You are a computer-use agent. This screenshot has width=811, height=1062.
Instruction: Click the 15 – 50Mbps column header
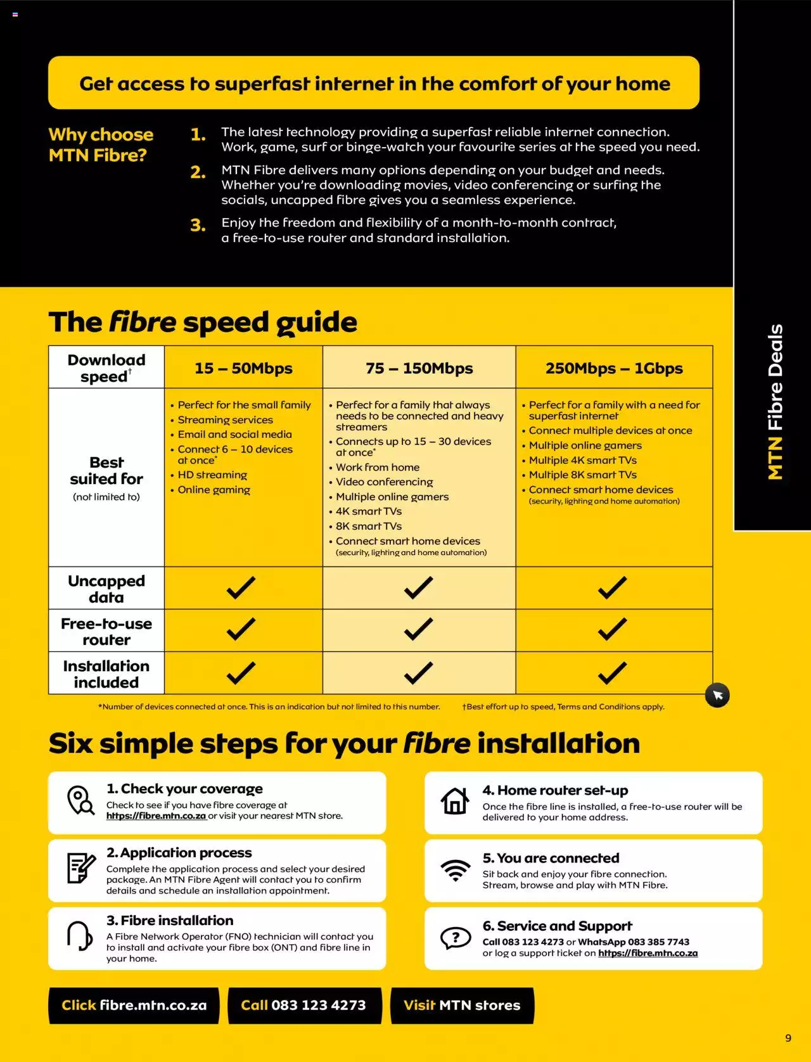coord(243,368)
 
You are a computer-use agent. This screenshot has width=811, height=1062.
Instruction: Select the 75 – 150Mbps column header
coord(419,368)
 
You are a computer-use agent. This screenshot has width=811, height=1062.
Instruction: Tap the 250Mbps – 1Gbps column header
coord(614,368)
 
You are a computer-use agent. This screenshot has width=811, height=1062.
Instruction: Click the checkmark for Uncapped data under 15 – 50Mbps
coord(241,587)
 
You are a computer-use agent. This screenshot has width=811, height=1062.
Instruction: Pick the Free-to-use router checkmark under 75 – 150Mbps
coord(418,629)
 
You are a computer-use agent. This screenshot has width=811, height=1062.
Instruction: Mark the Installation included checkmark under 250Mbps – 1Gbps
coord(612,672)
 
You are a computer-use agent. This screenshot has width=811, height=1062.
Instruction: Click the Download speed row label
coord(106,368)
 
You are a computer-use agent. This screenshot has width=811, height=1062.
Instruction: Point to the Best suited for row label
coord(106,471)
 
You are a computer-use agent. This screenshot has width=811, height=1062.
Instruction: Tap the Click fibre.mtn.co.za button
coord(134,1006)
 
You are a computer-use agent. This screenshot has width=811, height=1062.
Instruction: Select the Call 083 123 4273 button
coord(305,1006)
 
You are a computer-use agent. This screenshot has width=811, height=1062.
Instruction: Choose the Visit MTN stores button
coord(463,1006)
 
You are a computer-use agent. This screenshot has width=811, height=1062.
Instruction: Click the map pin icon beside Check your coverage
coord(80,801)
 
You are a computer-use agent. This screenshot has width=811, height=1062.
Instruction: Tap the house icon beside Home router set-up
coord(454,801)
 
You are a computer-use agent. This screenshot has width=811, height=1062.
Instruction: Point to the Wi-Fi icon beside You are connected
coord(456,871)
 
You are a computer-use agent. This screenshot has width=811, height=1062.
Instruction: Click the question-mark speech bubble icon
coord(456,938)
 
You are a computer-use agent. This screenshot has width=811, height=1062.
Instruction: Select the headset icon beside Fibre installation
coord(79,936)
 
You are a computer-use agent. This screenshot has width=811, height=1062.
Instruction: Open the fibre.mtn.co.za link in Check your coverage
coord(156,816)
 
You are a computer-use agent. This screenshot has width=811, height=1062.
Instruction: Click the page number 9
coord(788,1038)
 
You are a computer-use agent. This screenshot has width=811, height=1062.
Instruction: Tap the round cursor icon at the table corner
coord(717,695)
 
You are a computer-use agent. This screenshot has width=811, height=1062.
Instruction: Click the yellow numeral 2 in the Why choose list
coord(197,172)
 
